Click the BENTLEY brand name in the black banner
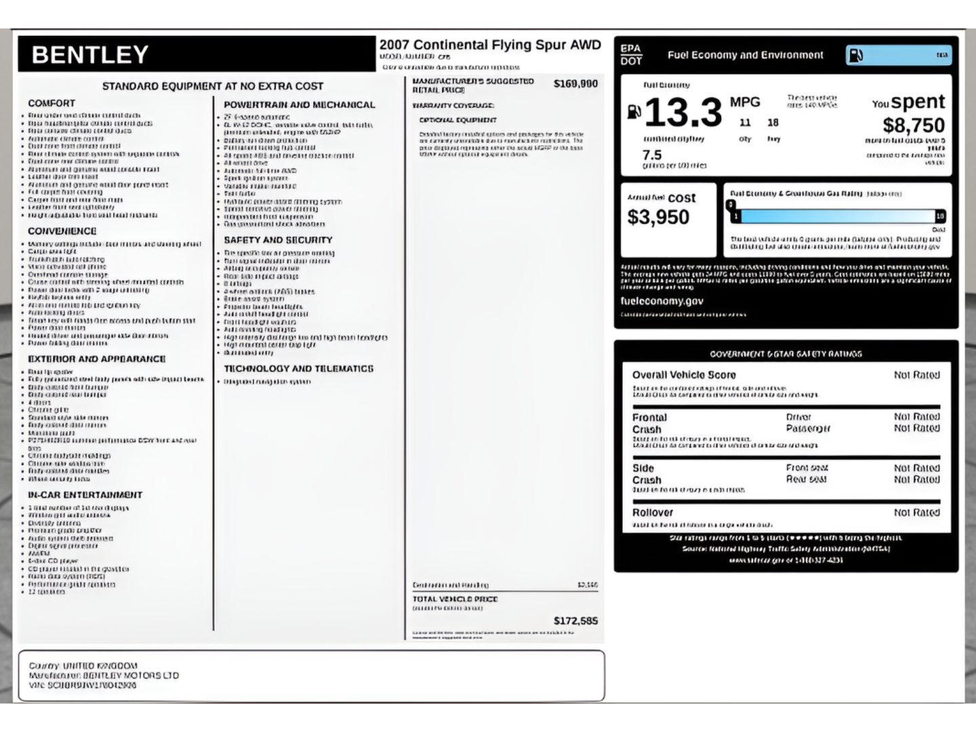pyautogui.click(x=90, y=55)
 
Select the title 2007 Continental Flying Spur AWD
pyautogui.click(x=490, y=45)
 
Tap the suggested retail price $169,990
pyautogui.click(x=575, y=83)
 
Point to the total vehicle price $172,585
pyautogui.click(x=575, y=621)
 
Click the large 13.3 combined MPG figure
pyautogui.click(x=683, y=113)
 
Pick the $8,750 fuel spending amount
pyautogui.click(x=913, y=125)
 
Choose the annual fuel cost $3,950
pyautogui.click(x=658, y=217)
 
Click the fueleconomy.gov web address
pyautogui.click(x=662, y=301)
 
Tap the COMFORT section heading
pyautogui.click(x=52, y=103)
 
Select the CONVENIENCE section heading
pyautogui.click(x=62, y=231)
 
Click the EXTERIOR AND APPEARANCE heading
pyautogui.click(x=97, y=359)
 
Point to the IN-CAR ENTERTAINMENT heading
pyautogui.click(x=85, y=495)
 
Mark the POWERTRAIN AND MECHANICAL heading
pyautogui.click(x=299, y=105)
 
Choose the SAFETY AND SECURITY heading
pyautogui.click(x=278, y=240)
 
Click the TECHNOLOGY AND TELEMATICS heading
pyautogui.click(x=298, y=369)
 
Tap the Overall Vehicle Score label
pyautogui.click(x=684, y=375)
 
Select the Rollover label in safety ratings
pyautogui.click(x=653, y=512)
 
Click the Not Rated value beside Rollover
pyautogui.click(x=916, y=512)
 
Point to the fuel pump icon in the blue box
pyautogui.click(x=857, y=55)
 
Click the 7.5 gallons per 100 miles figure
pyautogui.click(x=652, y=155)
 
